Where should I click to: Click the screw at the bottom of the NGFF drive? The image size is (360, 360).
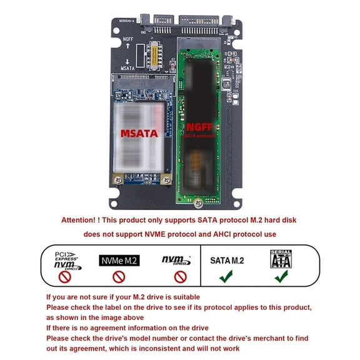point(198,202)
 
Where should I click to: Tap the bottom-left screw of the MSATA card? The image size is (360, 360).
point(117,179)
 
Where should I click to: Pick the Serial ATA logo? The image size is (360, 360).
point(281,259)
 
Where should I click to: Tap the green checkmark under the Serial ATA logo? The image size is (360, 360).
point(281,276)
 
